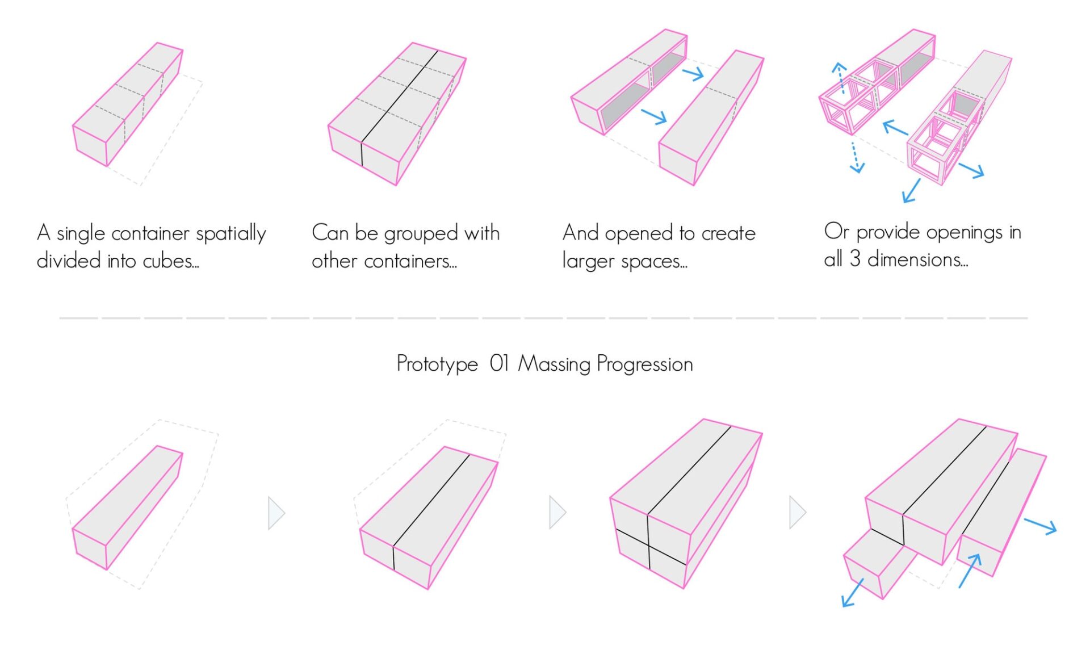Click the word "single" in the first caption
[x=81, y=233]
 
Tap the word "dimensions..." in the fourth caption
[x=917, y=259]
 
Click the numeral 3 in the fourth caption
[x=855, y=259]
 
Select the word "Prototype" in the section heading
[x=437, y=364]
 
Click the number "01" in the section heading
[x=499, y=363]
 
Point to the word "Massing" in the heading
[x=554, y=364]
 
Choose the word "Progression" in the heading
[x=645, y=364]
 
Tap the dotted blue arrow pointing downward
[x=855, y=157]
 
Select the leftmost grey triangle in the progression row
[x=276, y=513]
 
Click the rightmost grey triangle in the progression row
[x=797, y=513]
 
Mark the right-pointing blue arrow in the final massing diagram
[x=1040, y=526]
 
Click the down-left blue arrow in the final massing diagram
[x=852, y=593]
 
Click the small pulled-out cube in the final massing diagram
[x=877, y=562]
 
